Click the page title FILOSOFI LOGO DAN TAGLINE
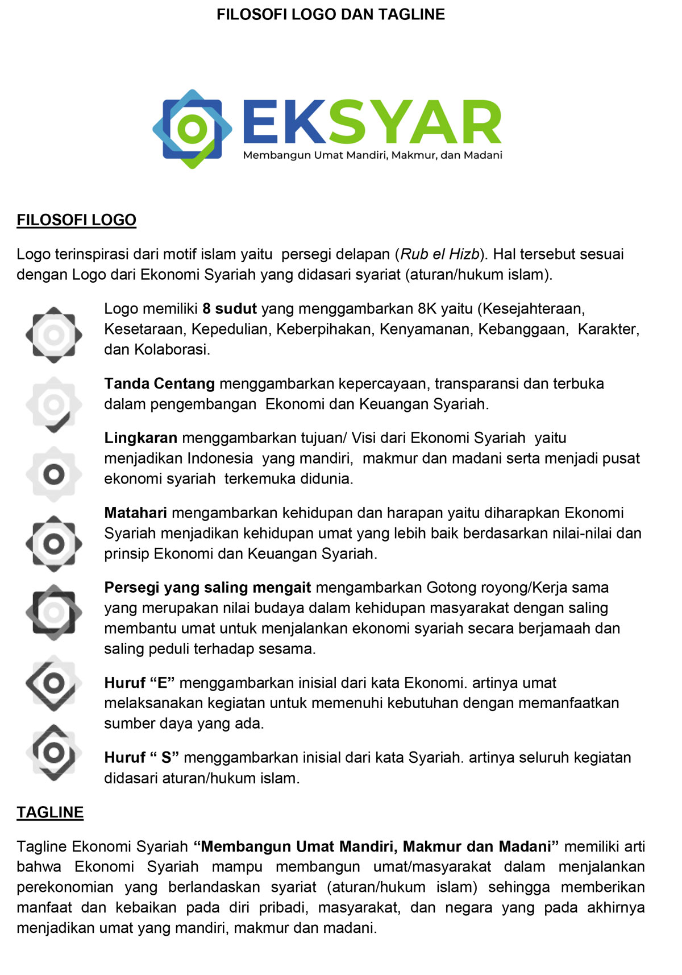coord(330,14)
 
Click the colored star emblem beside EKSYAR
coord(192,129)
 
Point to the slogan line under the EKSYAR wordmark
coord(372,155)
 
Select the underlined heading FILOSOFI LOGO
coord(76,220)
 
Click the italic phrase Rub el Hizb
coord(440,254)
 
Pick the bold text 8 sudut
coord(230,309)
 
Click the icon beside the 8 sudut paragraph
coord(53,335)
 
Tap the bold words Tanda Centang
coord(159,384)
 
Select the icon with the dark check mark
coord(53,405)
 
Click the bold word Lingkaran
coord(140,438)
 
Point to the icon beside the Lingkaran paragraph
coord(53,474)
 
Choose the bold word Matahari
coord(135,513)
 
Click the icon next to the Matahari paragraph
coord(53,544)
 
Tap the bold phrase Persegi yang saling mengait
coord(207,588)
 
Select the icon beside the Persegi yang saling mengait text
coord(53,613)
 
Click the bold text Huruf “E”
coord(139,683)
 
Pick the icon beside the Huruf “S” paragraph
coord(53,753)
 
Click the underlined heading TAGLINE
coord(50,812)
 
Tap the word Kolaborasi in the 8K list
coord(171,350)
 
